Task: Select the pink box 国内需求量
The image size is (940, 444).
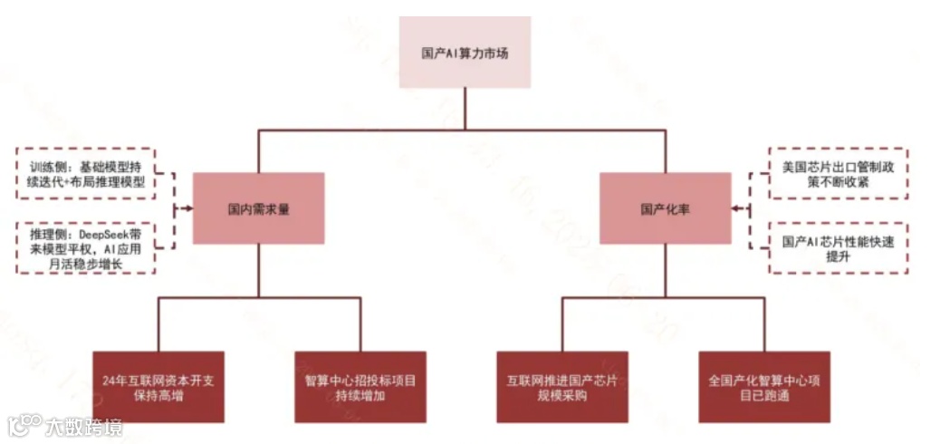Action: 258,208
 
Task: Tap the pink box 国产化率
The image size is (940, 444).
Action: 666,208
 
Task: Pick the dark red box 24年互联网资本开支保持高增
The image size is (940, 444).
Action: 158,387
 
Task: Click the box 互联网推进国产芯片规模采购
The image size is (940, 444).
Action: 561,387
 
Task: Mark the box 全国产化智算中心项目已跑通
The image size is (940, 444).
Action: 764,387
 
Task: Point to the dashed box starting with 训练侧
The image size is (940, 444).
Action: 86,174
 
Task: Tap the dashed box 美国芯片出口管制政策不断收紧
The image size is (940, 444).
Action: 838,174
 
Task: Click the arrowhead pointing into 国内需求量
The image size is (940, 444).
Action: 187,208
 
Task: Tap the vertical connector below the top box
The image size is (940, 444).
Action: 465,109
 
